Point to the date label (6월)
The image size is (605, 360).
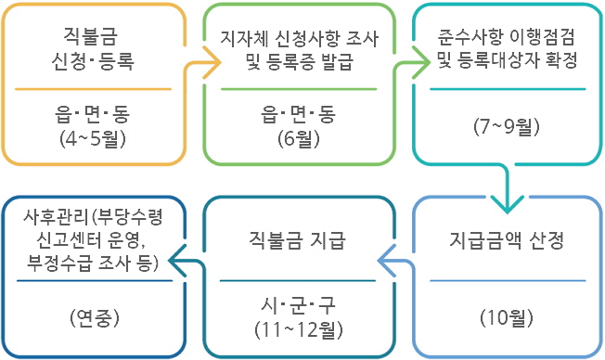(x=301, y=138)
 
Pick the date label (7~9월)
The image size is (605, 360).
(x=507, y=126)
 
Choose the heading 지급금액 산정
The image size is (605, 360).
(x=507, y=243)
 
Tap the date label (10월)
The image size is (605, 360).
(x=507, y=318)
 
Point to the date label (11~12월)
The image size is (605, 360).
(x=299, y=328)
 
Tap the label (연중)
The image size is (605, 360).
(x=93, y=318)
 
